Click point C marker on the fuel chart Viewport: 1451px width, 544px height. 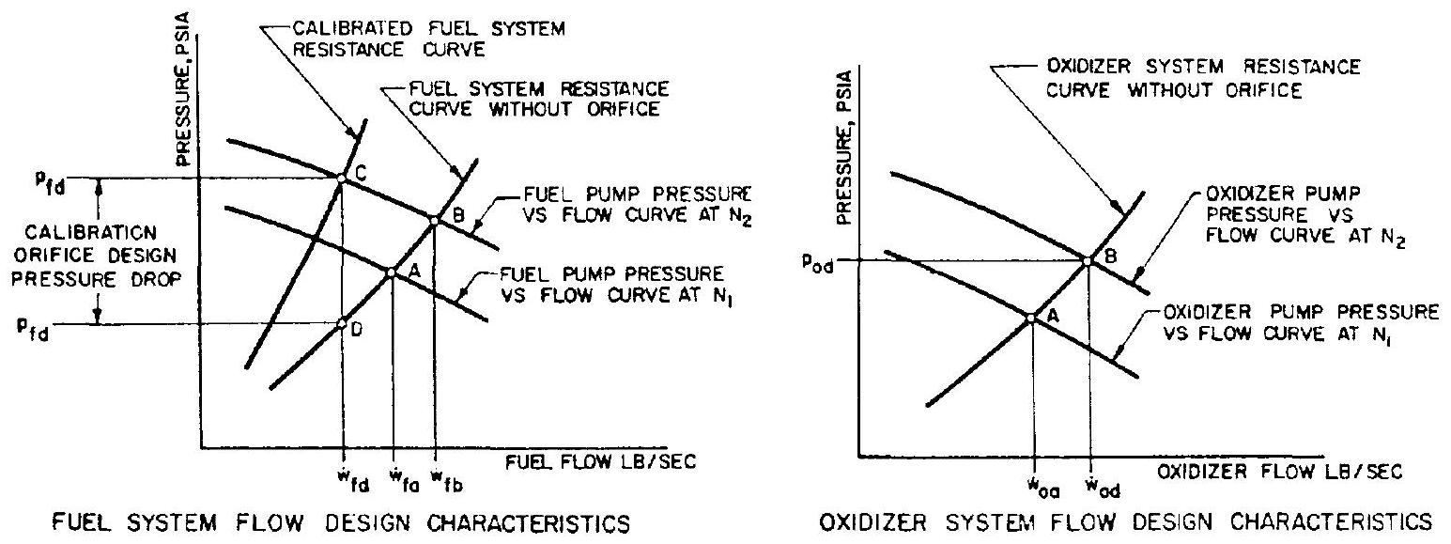[x=342, y=176]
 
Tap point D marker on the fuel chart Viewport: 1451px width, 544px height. [x=342, y=324]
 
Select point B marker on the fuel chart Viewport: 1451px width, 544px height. [x=434, y=219]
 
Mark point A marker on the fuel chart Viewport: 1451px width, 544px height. [x=391, y=272]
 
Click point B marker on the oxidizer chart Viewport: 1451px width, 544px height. [x=1088, y=260]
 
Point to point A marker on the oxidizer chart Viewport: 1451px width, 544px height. [x=1031, y=318]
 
